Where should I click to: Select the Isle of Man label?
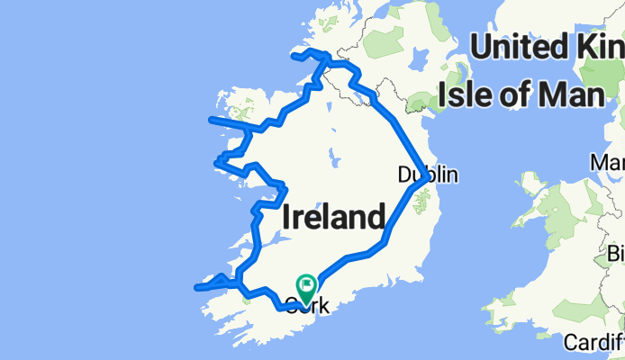click(520, 94)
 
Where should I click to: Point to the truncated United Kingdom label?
click(548, 47)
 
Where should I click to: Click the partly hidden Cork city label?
click(306, 306)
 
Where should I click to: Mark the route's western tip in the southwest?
click(196, 288)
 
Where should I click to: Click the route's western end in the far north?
click(293, 57)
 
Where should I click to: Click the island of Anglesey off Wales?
click(533, 186)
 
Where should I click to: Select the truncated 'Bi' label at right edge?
click(614, 254)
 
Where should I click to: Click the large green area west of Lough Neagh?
click(385, 40)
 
